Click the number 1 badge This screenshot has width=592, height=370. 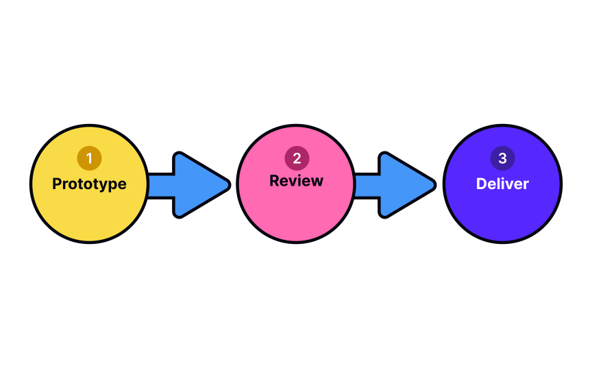pos(89,158)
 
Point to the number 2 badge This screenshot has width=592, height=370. pos(296,158)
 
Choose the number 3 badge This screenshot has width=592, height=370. pos(502,158)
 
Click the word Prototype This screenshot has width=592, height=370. pos(89,184)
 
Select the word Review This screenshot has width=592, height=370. pos(296,181)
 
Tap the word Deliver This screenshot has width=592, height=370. pos(502,184)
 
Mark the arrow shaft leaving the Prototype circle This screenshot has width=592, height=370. pos(161,184)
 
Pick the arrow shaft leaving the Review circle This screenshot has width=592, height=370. pos(367,184)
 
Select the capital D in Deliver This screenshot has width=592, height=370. pos(482,184)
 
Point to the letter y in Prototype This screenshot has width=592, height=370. pos(104,186)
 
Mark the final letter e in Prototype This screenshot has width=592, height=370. pos(121,185)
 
